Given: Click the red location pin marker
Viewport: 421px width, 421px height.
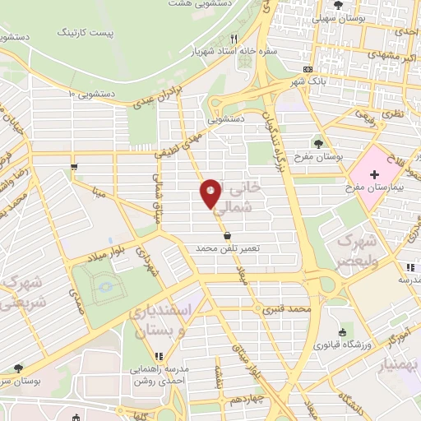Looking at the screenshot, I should [210, 193].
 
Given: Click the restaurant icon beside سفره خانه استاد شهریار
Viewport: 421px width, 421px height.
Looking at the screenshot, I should [234, 38].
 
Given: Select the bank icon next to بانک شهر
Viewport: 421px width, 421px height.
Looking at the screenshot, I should [308, 70].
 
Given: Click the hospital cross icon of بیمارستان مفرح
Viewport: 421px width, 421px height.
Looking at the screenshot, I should [374, 174].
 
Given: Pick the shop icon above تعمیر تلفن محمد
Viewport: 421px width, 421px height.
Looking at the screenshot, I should [226, 235].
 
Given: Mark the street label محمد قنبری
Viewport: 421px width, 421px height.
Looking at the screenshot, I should [285, 310].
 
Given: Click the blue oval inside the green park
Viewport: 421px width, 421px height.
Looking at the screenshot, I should [104, 288].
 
